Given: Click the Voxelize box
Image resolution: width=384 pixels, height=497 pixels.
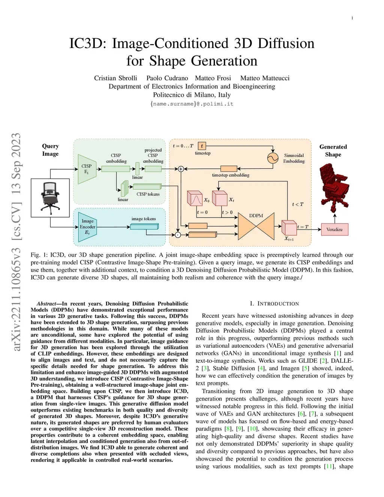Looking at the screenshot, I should (334, 229).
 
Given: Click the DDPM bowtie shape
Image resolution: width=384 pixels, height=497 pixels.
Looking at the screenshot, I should (256, 226).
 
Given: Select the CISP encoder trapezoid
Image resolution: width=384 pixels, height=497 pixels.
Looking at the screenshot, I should (87, 169).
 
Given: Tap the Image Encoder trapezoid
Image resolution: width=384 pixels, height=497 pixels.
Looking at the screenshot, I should (87, 227).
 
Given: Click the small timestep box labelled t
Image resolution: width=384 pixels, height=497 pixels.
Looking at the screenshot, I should (202, 146).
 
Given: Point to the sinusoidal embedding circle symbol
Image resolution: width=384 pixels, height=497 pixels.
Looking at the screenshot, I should (273, 158).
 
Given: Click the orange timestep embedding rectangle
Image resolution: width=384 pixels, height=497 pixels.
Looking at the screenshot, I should (229, 168).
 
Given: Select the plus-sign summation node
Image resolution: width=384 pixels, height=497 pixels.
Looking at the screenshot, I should (181, 169).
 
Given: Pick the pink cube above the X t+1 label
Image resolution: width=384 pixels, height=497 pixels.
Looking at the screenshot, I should (289, 228).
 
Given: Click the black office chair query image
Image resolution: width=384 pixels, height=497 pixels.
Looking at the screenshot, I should (50, 198).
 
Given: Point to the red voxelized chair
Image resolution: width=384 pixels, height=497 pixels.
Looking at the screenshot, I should (334, 187).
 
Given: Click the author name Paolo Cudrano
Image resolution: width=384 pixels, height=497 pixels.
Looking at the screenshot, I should (167, 78).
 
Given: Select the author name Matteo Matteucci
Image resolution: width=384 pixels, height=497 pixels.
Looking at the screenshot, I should (265, 78).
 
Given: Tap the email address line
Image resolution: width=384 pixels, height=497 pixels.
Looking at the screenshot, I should (192, 104).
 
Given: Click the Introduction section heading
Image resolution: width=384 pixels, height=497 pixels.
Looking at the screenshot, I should (274, 303).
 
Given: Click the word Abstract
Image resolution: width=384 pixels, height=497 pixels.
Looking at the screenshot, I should (46, 304).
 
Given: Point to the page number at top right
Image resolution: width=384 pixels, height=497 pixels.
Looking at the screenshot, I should (352, 18).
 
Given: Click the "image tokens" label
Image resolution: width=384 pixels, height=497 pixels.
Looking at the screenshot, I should (144, 219).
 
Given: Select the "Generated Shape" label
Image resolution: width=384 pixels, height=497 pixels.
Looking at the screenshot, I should (333, 150).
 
